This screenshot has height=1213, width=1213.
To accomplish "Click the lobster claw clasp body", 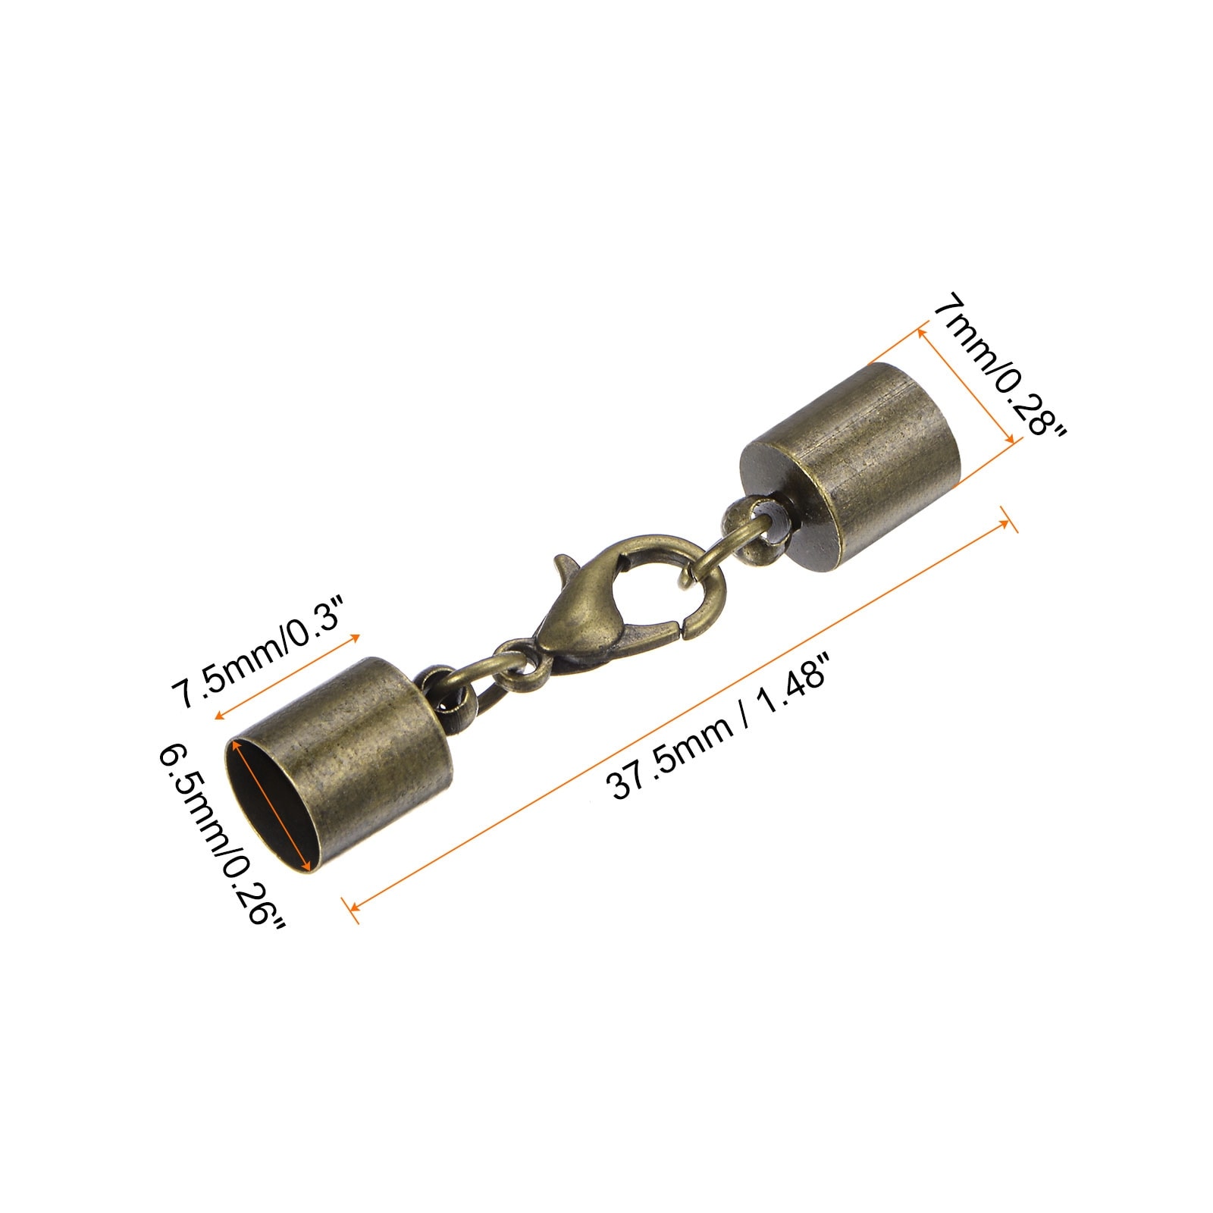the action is pos(599,606).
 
